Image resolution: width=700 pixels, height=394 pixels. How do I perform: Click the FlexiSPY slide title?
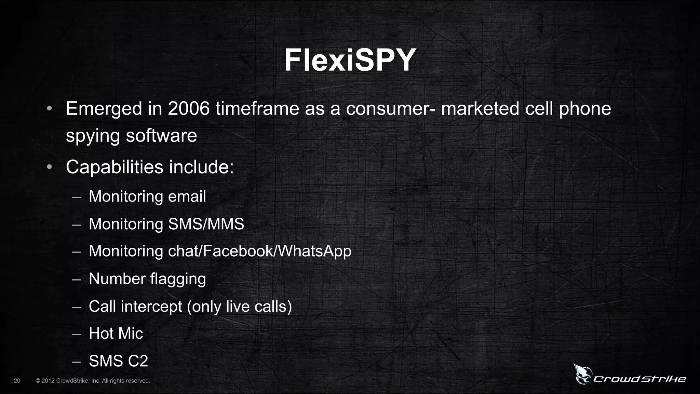[350, 60]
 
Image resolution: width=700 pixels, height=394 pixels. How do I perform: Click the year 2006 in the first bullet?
[189, 109]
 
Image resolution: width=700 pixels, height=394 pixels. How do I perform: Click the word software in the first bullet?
[161, 136]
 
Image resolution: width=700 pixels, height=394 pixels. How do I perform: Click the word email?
[187, 196]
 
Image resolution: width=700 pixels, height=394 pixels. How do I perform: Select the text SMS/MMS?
[206, 224]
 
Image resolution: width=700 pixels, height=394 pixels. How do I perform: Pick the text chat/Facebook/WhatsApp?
[259, 251]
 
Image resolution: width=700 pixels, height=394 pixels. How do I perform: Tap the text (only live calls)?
[239, 307]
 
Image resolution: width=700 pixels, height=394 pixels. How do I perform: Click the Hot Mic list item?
[116, 334]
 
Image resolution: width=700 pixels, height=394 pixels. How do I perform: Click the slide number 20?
[17, 381]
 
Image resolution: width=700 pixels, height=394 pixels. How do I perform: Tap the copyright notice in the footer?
[93, 381]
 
